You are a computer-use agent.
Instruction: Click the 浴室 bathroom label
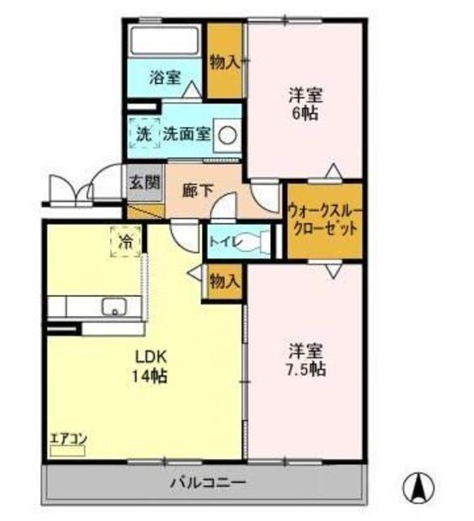pyautogui.click(x=165, y=78)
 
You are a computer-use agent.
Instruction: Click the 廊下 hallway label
pyautogui.click(x=198, y=191)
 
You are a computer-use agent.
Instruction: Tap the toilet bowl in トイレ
pyautogui.click(x=265, y=241)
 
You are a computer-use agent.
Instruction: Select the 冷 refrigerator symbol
pyautogui.click(x=126, y=241)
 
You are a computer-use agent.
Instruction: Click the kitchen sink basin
pyautogui.click(x=112, y=307)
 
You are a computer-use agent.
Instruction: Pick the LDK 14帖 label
pyautogui.click(x=151, y=366)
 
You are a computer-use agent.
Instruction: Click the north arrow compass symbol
pyautogui.click(x=421, y=487)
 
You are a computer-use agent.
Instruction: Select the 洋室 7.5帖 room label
pyautogui.click(x=306, y=360)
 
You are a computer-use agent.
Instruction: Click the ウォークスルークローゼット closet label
pyautogui.click(x=323, y=220)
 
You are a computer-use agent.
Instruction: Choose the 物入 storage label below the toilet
pyautogui.click(x=224, y=281)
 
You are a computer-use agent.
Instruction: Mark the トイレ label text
pyautogui.click(x=224, y=241)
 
